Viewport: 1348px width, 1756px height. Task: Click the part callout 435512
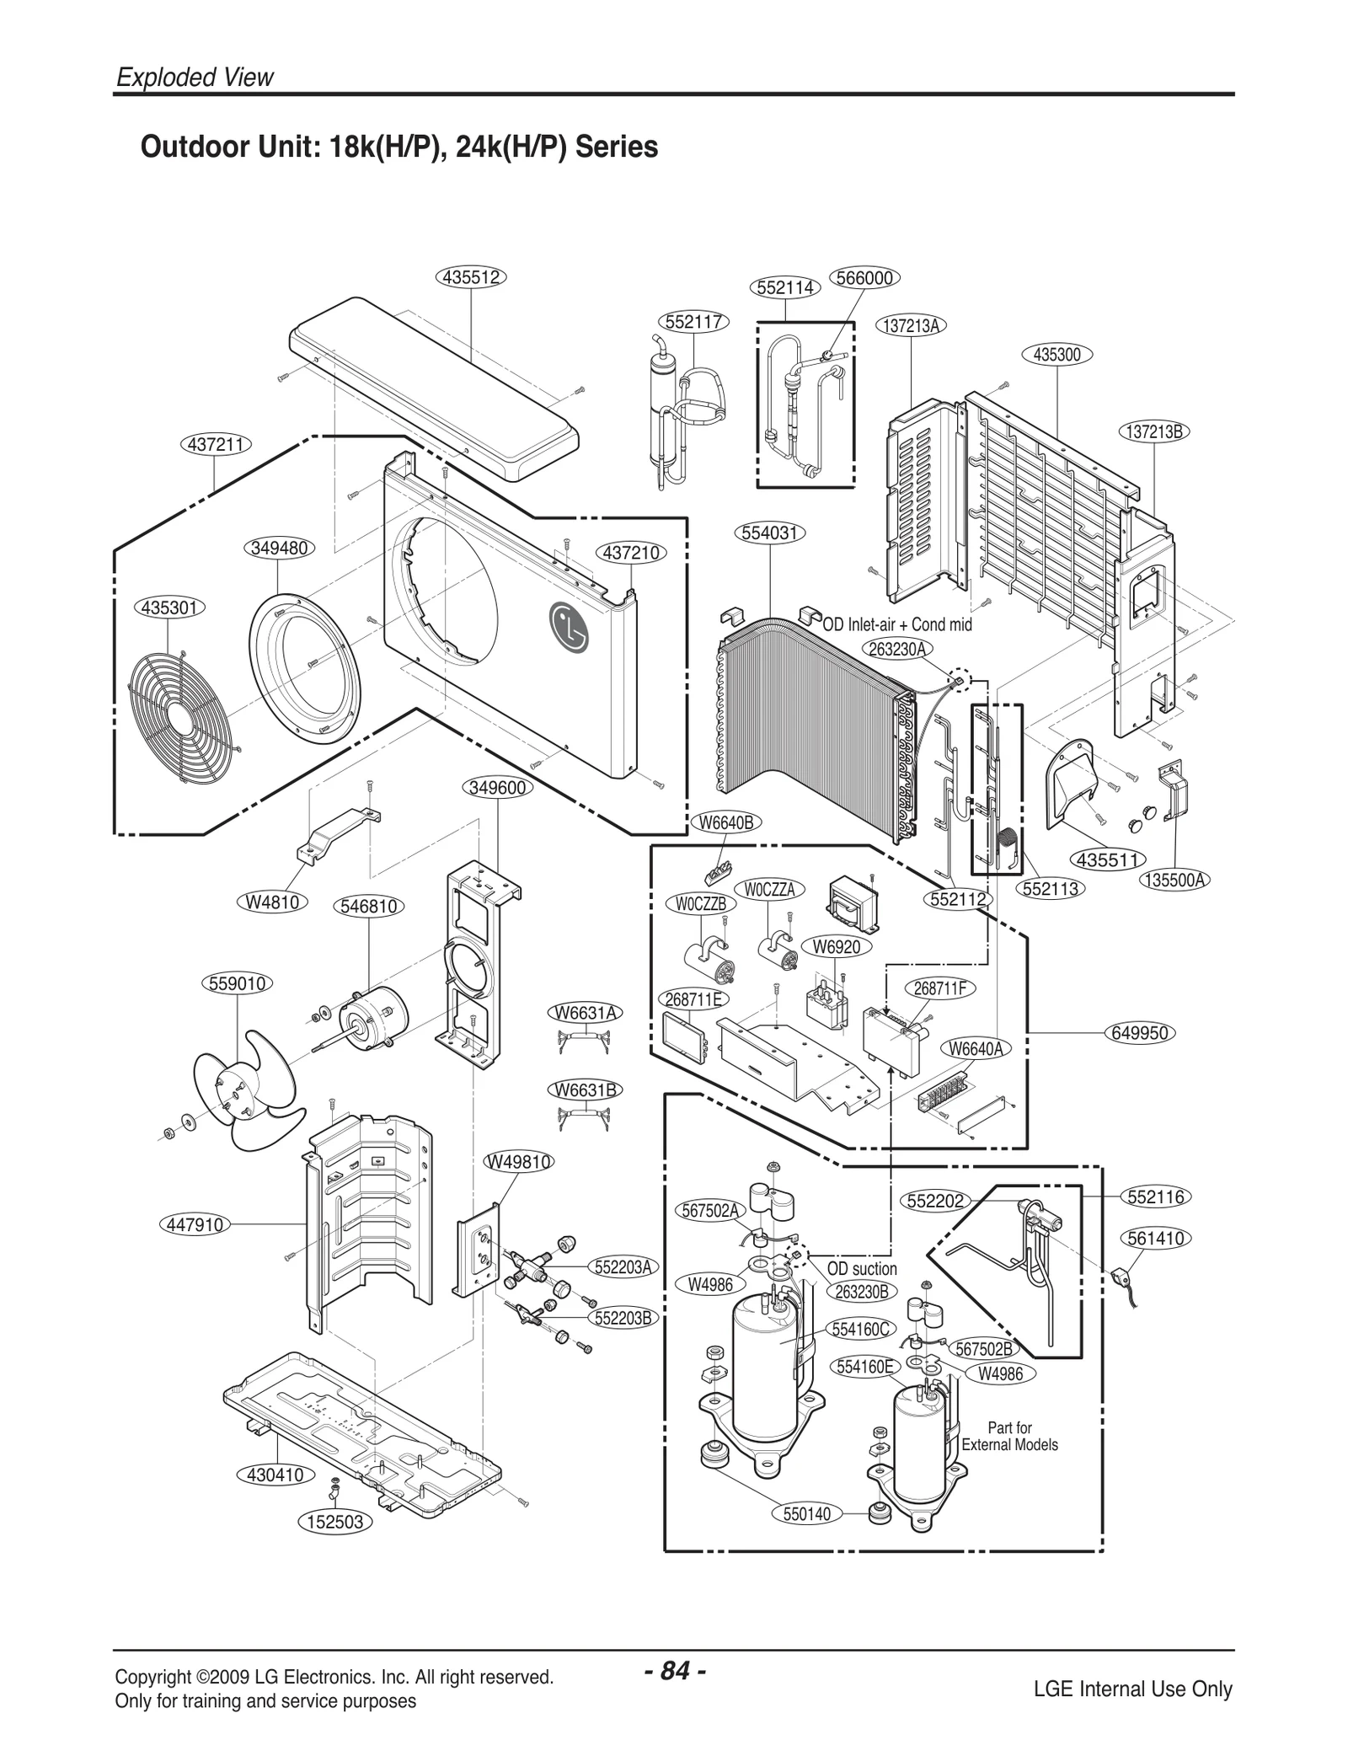coord(472,277)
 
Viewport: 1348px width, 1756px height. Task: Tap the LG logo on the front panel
coord(570,628)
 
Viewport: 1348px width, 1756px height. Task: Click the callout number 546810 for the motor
coord(369,907)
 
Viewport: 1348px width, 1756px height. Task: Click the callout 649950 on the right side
coord(1140,1033)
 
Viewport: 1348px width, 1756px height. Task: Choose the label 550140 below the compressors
coord(807,1538)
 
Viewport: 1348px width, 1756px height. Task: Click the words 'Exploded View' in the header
coord(195,78)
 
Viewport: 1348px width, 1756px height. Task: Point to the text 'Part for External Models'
coord(1009,1436)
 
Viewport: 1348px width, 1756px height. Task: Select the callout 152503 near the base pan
coord(335,1545)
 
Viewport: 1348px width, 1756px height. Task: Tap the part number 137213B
coord(1154,432)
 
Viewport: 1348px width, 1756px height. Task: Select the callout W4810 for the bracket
coord(271,902)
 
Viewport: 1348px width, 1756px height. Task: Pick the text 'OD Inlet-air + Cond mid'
coord(897,625)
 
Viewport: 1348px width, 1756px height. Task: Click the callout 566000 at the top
coord(864,278)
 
